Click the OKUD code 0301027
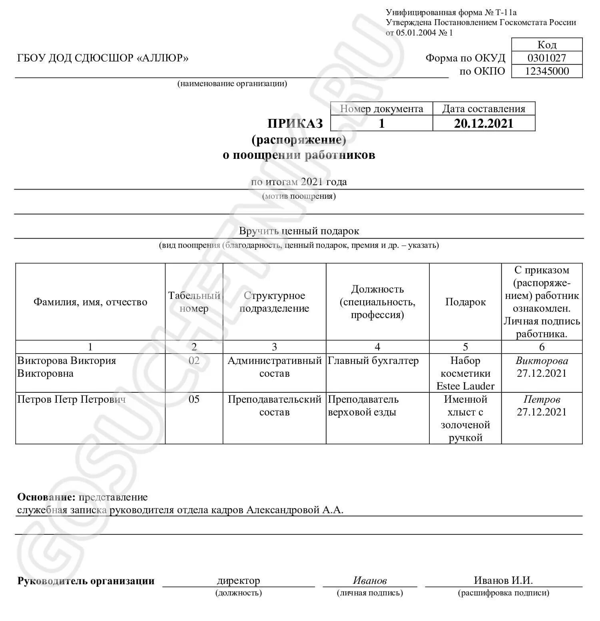click(546, 58)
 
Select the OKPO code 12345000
click(546, 71)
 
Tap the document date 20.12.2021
click(483, 123)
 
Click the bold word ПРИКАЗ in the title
click(295, 124)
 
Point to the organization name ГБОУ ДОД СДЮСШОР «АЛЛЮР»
click(103, 58)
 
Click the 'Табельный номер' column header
click(194, 302)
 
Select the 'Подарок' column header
click(465, 302)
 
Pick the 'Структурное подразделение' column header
click(274, 302)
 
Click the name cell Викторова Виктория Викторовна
click(66, 367)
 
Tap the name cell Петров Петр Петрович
click(71, 399)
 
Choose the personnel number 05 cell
click(194, 399)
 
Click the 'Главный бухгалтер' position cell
click(373, 361)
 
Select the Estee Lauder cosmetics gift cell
click(465, 373)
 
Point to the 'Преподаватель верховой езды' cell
click(363, 405)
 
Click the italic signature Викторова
click(542, 361)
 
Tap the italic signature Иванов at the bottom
click(369, 580)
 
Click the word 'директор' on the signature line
click(238, 580)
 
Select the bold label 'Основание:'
click(46, 497)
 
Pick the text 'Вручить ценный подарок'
click(299, 231)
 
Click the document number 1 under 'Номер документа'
click(381, 123)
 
